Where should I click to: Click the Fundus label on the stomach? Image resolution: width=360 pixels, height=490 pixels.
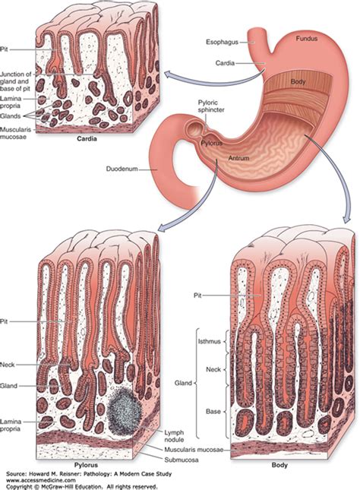[x=306, y=39]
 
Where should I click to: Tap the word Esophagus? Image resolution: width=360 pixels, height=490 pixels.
[x=222, y=42]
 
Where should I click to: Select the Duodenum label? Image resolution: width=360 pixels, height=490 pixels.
[x=122, y=169]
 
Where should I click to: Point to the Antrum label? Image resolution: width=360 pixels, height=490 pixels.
[x=238, y=158]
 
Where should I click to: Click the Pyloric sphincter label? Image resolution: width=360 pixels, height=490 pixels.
[x=211, y=106]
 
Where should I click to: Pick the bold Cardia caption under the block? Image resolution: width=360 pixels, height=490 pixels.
[x=87, y=139]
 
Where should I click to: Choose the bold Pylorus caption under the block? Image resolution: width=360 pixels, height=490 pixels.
[x=86, y=465]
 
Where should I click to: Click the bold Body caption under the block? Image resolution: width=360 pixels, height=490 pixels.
[x=279, y=465]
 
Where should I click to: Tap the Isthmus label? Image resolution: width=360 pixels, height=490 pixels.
[x=209, y=341]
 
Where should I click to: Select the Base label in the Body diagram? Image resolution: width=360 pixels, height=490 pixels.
[x=213, y=412]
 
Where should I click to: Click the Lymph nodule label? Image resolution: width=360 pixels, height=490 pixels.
[x=174, y=436]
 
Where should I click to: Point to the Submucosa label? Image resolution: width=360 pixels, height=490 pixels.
[x=182, y=460]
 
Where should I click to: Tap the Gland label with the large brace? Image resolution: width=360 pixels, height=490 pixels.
[x=183, y=383]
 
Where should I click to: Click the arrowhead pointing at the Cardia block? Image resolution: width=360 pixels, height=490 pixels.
[x=168, y=75]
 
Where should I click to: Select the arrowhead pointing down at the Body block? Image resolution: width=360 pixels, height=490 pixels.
[x=346, y=219]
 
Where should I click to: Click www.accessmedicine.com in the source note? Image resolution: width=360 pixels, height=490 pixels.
[x=40, y=480]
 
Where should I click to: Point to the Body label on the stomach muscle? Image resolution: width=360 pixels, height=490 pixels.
[x=298, y=81]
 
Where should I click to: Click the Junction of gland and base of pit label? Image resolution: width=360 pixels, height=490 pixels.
[x=15, y=81]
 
